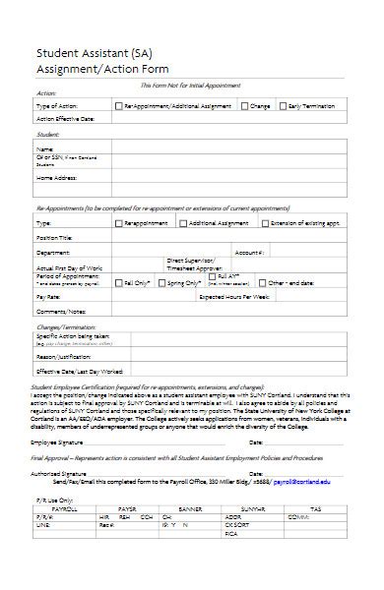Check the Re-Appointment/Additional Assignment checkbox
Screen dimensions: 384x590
tap(118, 105)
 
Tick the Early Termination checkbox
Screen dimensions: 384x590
tap(286, 105)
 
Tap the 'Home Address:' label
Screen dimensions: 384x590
tap(56, 178)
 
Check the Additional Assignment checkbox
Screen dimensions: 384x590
tap(183, 223)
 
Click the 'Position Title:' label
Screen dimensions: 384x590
tap(54, 237)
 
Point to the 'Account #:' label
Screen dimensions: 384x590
tap(248, 252)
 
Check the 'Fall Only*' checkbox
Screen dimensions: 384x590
tap(117, 282)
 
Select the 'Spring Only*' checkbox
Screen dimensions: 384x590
tap(162, 282)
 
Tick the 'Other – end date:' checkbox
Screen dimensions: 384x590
tap(261, 282)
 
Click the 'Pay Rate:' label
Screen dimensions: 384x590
tap(48, 296)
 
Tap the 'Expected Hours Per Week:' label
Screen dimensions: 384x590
tap(233, 296)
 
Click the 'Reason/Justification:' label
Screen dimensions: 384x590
tap(64, 358)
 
